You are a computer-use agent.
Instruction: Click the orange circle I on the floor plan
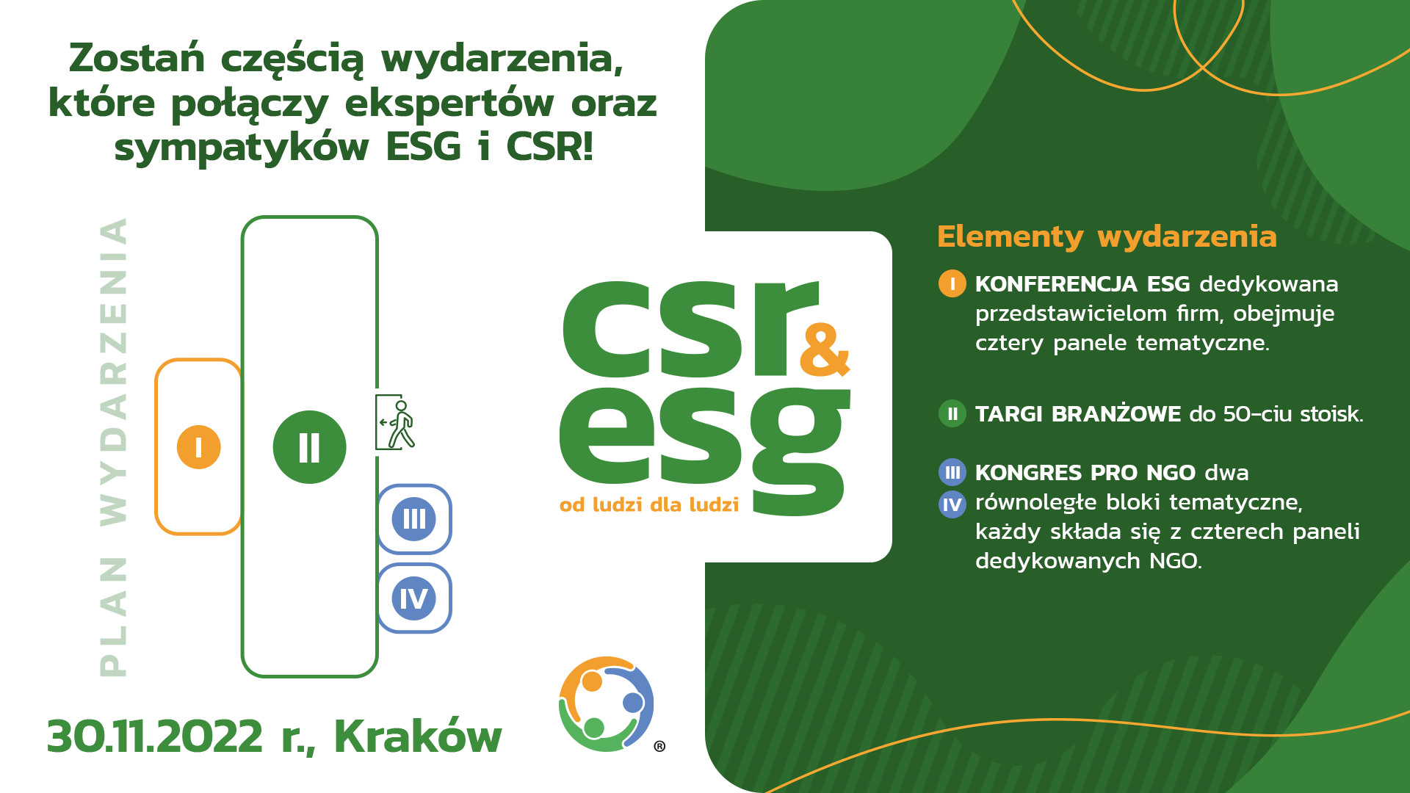(198, 446)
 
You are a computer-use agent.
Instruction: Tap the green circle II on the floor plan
(309, 446)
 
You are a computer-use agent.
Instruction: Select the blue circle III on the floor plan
(414, 519)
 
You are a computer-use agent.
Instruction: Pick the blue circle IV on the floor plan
(414, 598)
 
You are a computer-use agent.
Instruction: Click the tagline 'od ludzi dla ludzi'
(649, 504)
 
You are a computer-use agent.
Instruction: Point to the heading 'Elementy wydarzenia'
(1107, 237)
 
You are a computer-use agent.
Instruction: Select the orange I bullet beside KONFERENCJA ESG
(952, 283)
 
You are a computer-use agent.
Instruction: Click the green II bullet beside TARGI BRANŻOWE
(952, 413)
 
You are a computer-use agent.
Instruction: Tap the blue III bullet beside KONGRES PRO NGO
(952, 472)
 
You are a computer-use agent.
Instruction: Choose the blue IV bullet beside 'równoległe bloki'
(952, 504)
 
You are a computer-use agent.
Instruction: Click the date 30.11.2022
(154, 736)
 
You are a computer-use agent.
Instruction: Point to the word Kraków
(418, 736)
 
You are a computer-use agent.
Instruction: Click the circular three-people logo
(607, 703)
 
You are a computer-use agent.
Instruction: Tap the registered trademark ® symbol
(659, 746)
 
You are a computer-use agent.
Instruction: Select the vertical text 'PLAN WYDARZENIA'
(113, 446)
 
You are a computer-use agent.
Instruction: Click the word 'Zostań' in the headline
(137, 58)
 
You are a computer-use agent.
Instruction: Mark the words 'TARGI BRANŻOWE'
(1078, 413)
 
